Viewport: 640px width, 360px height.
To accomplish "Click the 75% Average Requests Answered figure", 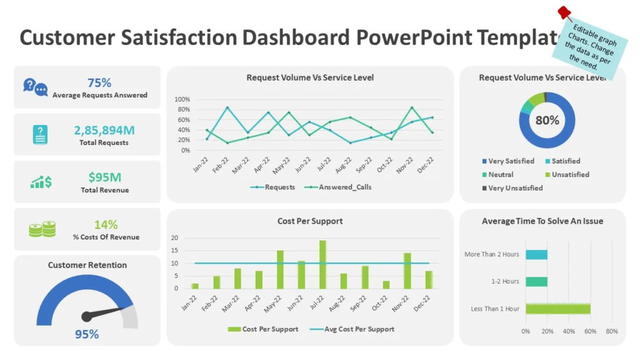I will point(99,82).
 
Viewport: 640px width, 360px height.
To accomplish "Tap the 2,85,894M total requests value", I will point(104,130).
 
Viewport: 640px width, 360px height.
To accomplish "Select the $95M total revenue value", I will point(104,177).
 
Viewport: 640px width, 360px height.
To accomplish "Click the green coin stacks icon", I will point(42,229).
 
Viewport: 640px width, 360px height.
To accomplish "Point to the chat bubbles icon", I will point(35,87).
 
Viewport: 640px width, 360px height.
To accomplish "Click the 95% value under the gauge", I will point(87,334).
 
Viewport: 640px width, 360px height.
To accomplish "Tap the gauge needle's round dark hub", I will point(87,316).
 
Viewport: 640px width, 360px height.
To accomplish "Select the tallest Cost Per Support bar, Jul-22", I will point(322,264).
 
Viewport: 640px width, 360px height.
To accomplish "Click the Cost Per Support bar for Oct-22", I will point(386,284).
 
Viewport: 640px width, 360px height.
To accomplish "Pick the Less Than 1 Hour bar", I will point(557,309).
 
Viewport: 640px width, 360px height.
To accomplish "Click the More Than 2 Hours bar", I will point(536,254).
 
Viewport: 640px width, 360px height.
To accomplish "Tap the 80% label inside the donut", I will point(547,120).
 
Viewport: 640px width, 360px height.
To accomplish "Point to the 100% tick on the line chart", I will point(182,99).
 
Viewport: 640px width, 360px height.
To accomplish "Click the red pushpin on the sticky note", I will point(564,13).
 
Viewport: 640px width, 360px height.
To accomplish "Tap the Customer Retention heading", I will point(87,265).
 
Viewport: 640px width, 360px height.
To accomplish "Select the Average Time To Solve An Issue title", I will point(542,221).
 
